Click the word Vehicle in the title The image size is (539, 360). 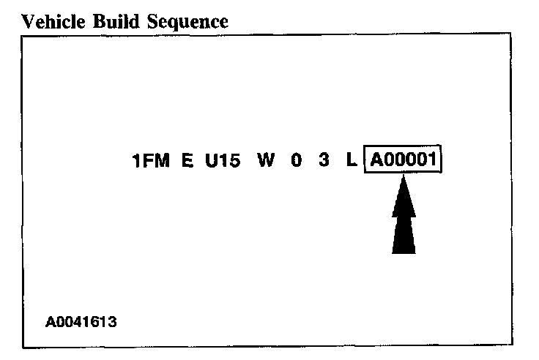tap(51, 22)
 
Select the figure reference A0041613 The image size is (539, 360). tap(81, 321)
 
